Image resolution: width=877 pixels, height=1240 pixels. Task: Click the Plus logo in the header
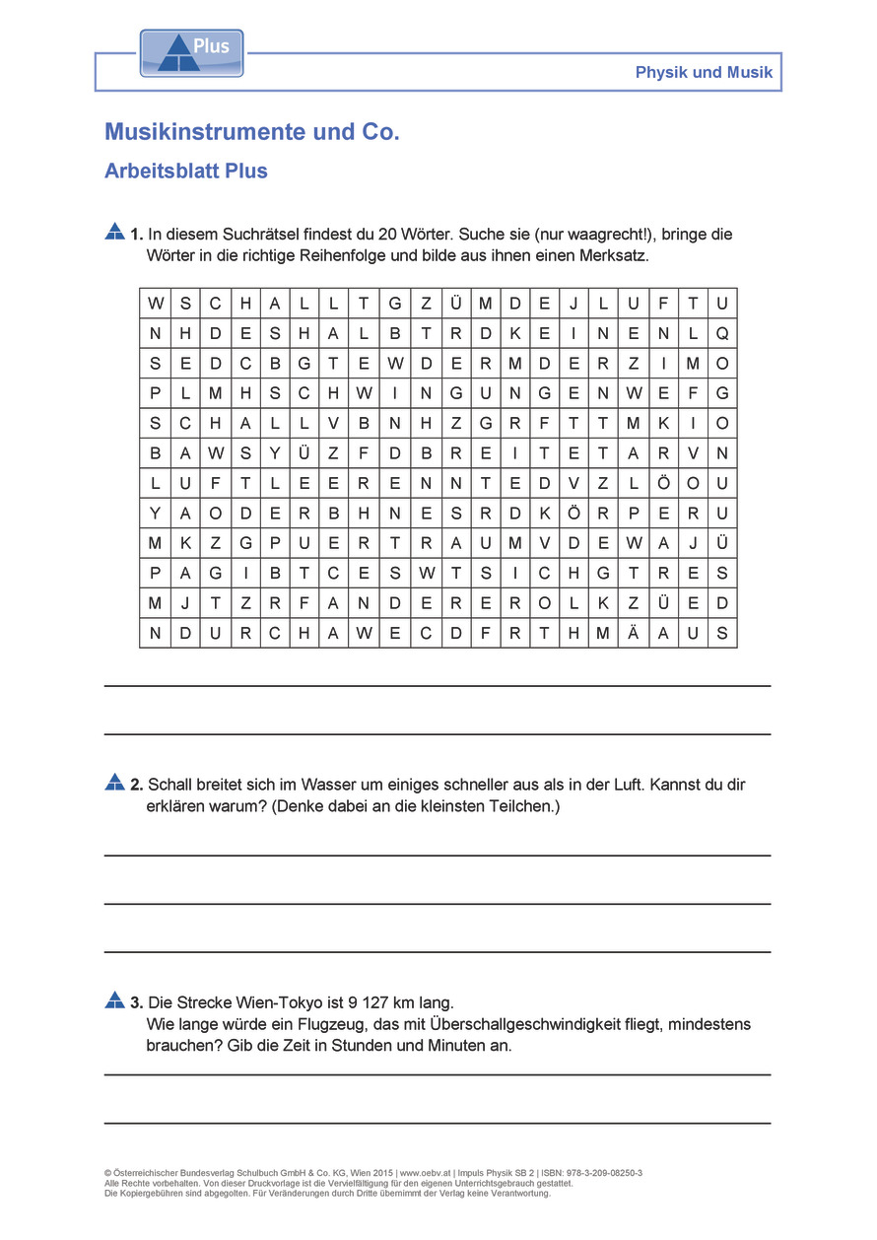[x=191, y=53]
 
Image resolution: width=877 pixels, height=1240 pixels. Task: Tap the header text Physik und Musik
[x=704, y=72]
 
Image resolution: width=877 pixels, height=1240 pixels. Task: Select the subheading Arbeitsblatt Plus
[x=186, y=171]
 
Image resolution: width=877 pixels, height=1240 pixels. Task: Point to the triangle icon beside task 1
[x=114, y=233]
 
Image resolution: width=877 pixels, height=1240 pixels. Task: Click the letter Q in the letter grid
[x=722, y=333]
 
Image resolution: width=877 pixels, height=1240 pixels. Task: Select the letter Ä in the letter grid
[x=633, y=633]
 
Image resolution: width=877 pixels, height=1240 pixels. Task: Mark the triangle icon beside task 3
[x=114, y=1000]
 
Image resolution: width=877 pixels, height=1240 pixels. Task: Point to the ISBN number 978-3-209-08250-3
[x=596, y=1173]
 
